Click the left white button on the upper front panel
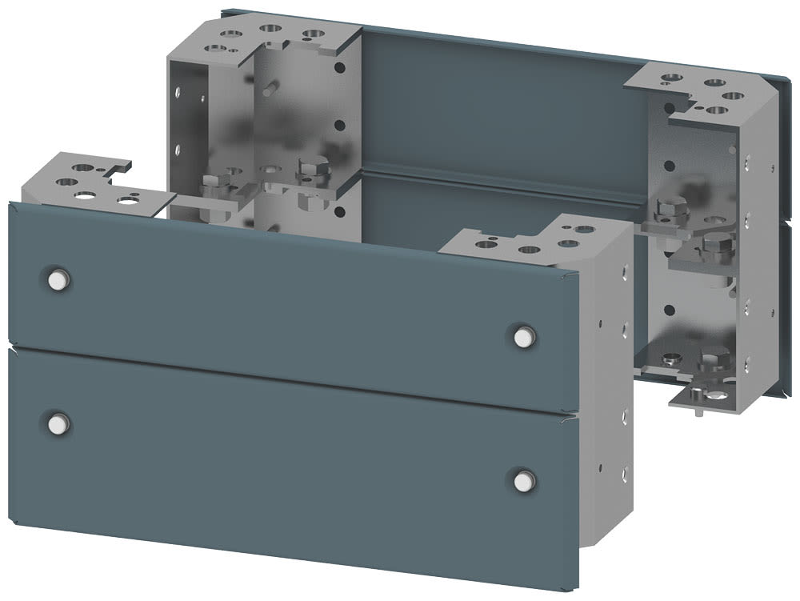coord(58,279)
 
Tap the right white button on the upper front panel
coord(522,337)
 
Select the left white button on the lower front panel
coord(58,422)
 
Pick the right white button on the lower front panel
coord(522,479)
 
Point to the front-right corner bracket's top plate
coord(528,240)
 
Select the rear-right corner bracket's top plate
coord(704,88)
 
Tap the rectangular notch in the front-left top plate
coord(122,167)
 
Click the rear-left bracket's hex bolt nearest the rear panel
coord(310,170)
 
